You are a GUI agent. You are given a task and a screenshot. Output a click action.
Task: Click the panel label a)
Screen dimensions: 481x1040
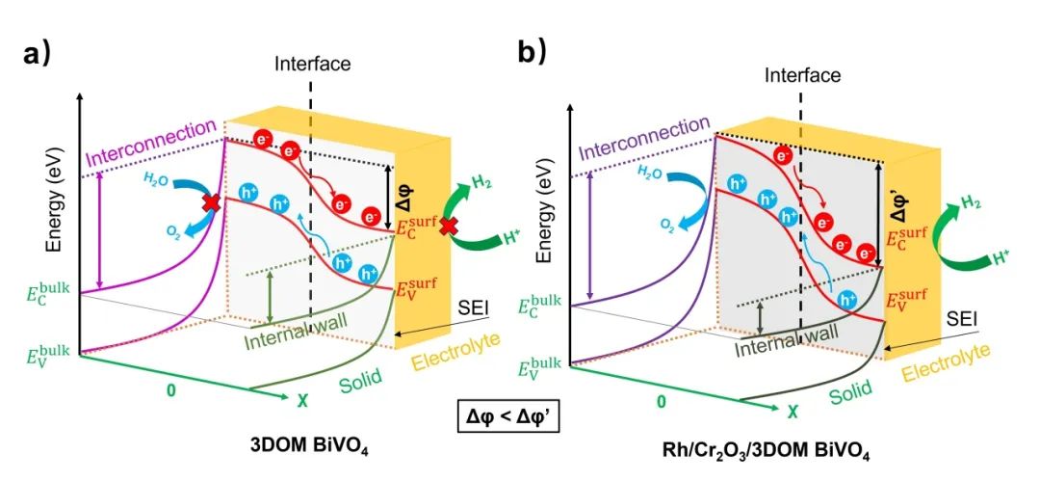(37, 53)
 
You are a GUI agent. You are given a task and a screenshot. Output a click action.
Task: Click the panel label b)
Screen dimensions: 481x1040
(532, 53)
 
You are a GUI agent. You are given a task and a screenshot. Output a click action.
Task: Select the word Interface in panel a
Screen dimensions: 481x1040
(313, 65)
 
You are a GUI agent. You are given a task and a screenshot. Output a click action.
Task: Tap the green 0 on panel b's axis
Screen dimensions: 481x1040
(661, 399)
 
